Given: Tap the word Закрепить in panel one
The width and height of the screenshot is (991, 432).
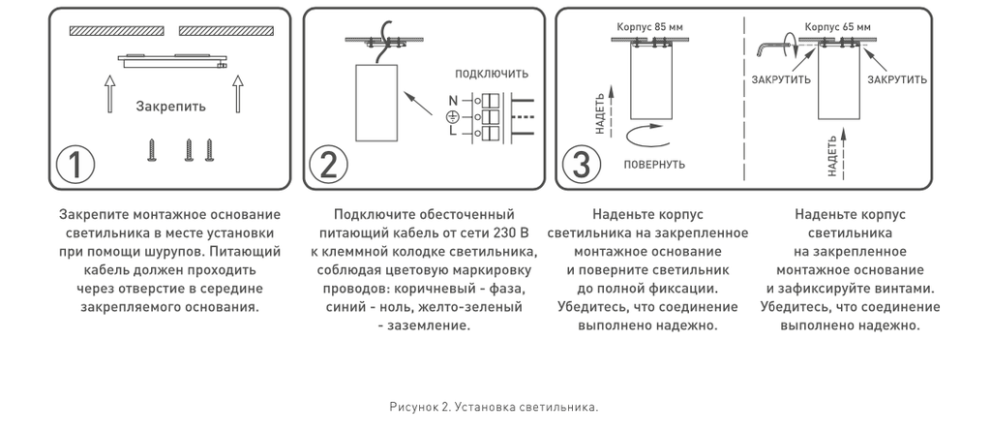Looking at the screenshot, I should pos(170,107).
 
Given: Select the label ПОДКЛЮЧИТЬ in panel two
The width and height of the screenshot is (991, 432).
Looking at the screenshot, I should pos(492,74).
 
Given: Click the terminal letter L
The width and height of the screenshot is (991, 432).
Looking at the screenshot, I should pos(452,134).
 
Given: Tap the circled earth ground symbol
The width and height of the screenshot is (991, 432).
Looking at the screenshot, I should pos(452,117).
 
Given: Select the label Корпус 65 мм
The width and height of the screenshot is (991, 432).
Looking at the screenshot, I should pos(838,27).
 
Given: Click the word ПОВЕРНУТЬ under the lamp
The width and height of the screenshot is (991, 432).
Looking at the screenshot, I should pos(654,163).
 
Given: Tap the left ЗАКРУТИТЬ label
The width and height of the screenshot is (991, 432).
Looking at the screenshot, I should pos(781,79).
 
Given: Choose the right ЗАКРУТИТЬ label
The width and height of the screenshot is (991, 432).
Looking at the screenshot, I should pos(897,79).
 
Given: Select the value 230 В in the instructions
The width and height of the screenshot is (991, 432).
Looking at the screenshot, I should pos(512,233).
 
